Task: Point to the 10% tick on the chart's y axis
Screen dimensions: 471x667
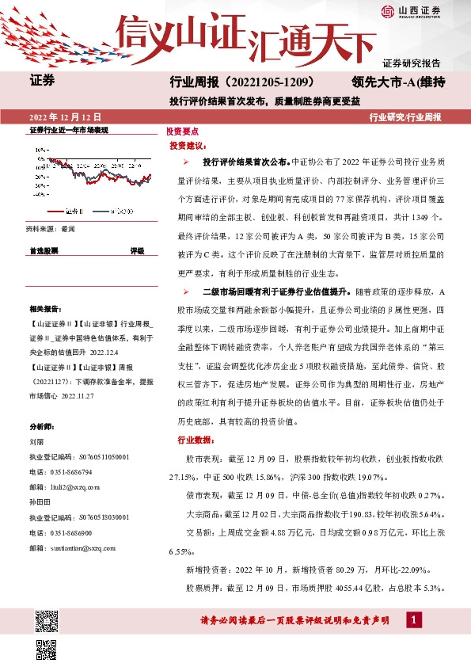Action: pos(42,148)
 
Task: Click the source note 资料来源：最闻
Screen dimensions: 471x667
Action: pos(51,228)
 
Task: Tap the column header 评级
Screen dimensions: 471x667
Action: pos(137,250)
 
